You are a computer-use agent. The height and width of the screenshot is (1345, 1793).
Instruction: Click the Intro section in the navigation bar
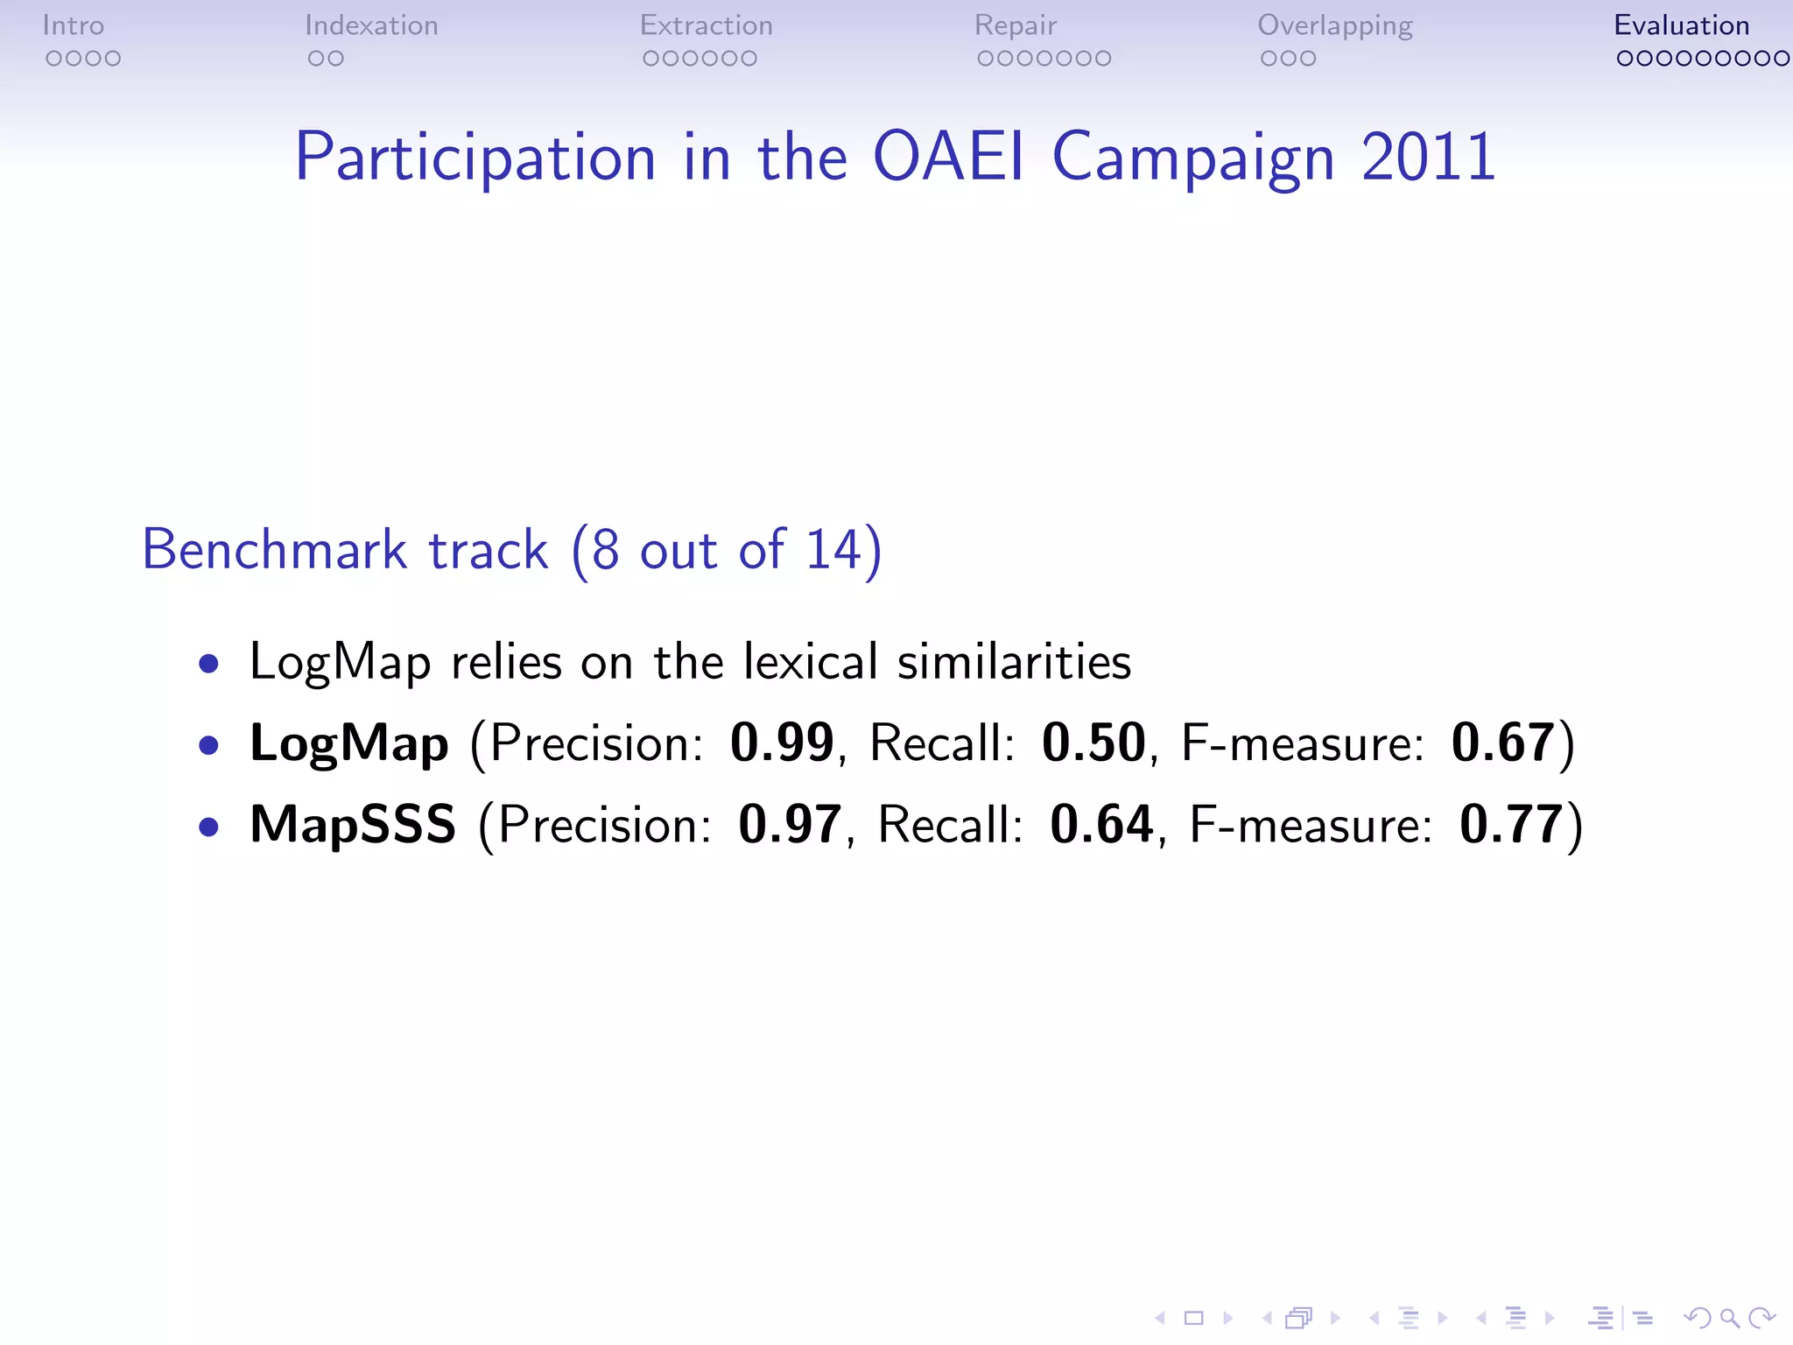[x=74, y=25]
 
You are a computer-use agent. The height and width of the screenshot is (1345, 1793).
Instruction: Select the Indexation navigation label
[x=371, y=25]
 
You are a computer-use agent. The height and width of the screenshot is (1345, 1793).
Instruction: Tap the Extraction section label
[x=707, y=25]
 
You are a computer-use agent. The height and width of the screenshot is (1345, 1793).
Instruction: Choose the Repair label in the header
[x=1016, y=25]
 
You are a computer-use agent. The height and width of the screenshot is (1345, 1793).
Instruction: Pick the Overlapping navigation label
[x=1335, y=25]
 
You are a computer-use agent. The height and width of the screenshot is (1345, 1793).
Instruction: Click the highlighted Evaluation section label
[x=1681, y=25]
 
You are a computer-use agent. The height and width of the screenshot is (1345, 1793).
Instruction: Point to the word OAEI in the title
[x=949, y=157]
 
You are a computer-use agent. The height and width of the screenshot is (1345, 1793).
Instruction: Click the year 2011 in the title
[x=1428, y=157]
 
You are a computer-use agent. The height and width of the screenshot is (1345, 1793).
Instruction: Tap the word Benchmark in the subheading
[x=275, y=550]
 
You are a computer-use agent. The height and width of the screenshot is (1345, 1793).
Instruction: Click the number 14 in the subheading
[x=833, y=550]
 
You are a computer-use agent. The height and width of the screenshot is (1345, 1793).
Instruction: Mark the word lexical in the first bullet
[x=810, y=661]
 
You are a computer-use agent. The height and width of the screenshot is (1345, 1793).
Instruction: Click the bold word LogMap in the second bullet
[x=349, y=744]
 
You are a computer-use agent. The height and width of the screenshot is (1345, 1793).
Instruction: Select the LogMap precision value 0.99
[x=782, y=743]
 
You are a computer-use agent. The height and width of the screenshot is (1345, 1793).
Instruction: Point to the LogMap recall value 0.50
[x=1093, y=743]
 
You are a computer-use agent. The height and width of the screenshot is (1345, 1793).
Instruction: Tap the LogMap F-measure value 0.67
[x=1502, y=743]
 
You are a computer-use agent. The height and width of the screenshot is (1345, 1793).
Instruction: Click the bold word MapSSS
[x=353, y=824]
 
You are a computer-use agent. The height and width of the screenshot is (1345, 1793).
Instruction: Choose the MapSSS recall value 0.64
[x=1101, y=824]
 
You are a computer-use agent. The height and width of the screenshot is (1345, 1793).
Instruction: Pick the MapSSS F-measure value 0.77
[x=1511, y=824]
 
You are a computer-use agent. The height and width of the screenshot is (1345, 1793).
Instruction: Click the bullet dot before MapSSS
[x=208, y=827]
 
